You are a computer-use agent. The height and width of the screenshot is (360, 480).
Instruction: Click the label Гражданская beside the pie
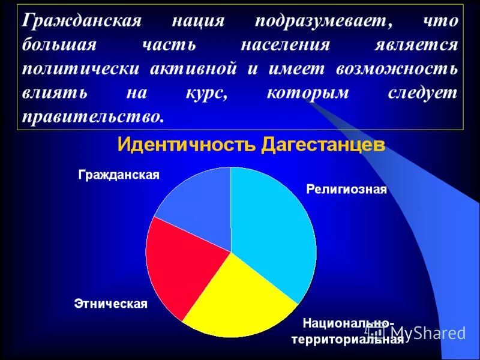point(119,175)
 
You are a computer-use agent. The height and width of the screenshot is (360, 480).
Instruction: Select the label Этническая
point(111,304)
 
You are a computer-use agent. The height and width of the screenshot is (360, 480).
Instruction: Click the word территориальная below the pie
point(347,340)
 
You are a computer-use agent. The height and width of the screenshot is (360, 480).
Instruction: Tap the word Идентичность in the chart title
point(187,145)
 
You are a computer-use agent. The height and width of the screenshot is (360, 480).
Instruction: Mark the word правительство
point(93,116)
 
